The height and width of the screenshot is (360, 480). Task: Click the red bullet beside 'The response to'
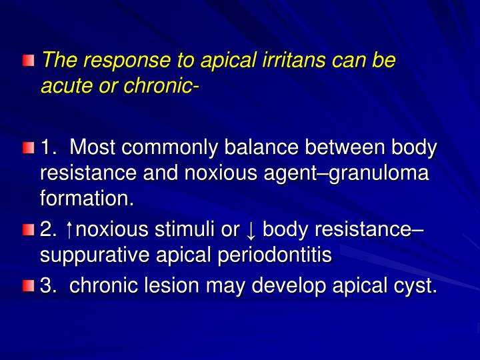pyautogui.click(x=27, y=62)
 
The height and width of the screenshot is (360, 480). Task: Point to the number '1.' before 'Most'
pyautogui.click(x=49, y=147)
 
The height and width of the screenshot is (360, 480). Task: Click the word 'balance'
pyautogui.click(x=257, y=147)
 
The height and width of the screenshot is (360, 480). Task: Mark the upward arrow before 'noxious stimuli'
pyautogui.click(x=70, y=230)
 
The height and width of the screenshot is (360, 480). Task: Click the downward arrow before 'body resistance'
pyautogui.click(x=250, y=230)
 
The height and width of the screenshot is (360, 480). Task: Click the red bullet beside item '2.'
pyautogui.click(x=27, y=231)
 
